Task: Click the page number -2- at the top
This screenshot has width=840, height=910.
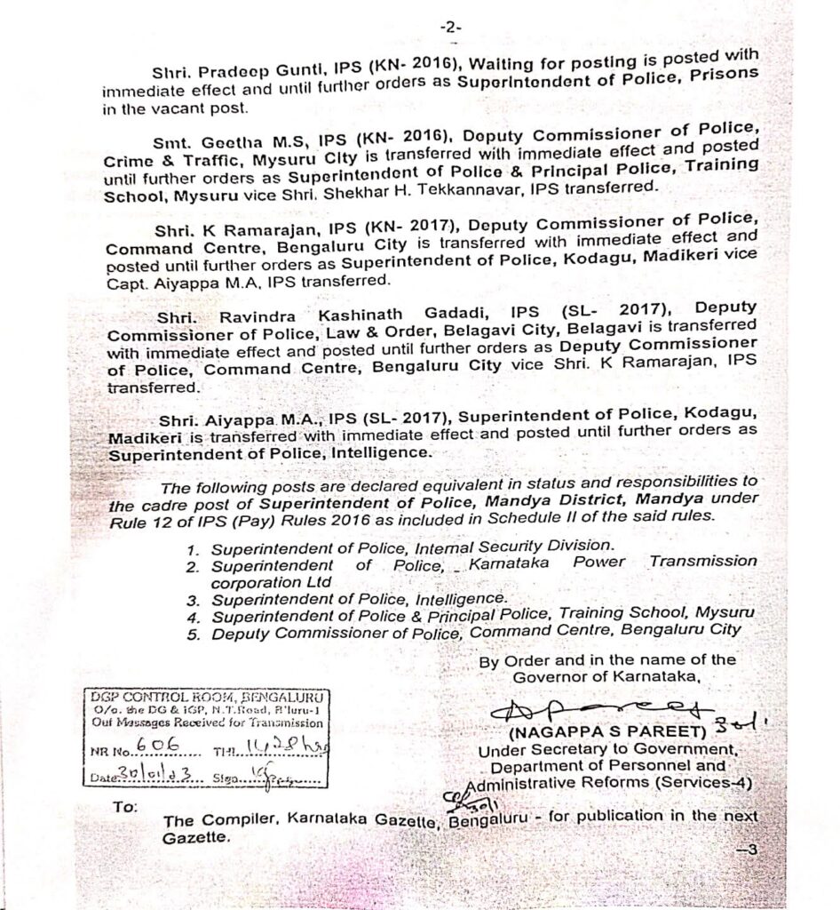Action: tap(451, 28)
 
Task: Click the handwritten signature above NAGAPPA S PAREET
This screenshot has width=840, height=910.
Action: tap(604, 709)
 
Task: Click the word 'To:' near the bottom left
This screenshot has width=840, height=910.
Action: tap(124, 807)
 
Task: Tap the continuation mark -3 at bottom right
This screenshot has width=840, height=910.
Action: tap(746, 849)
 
